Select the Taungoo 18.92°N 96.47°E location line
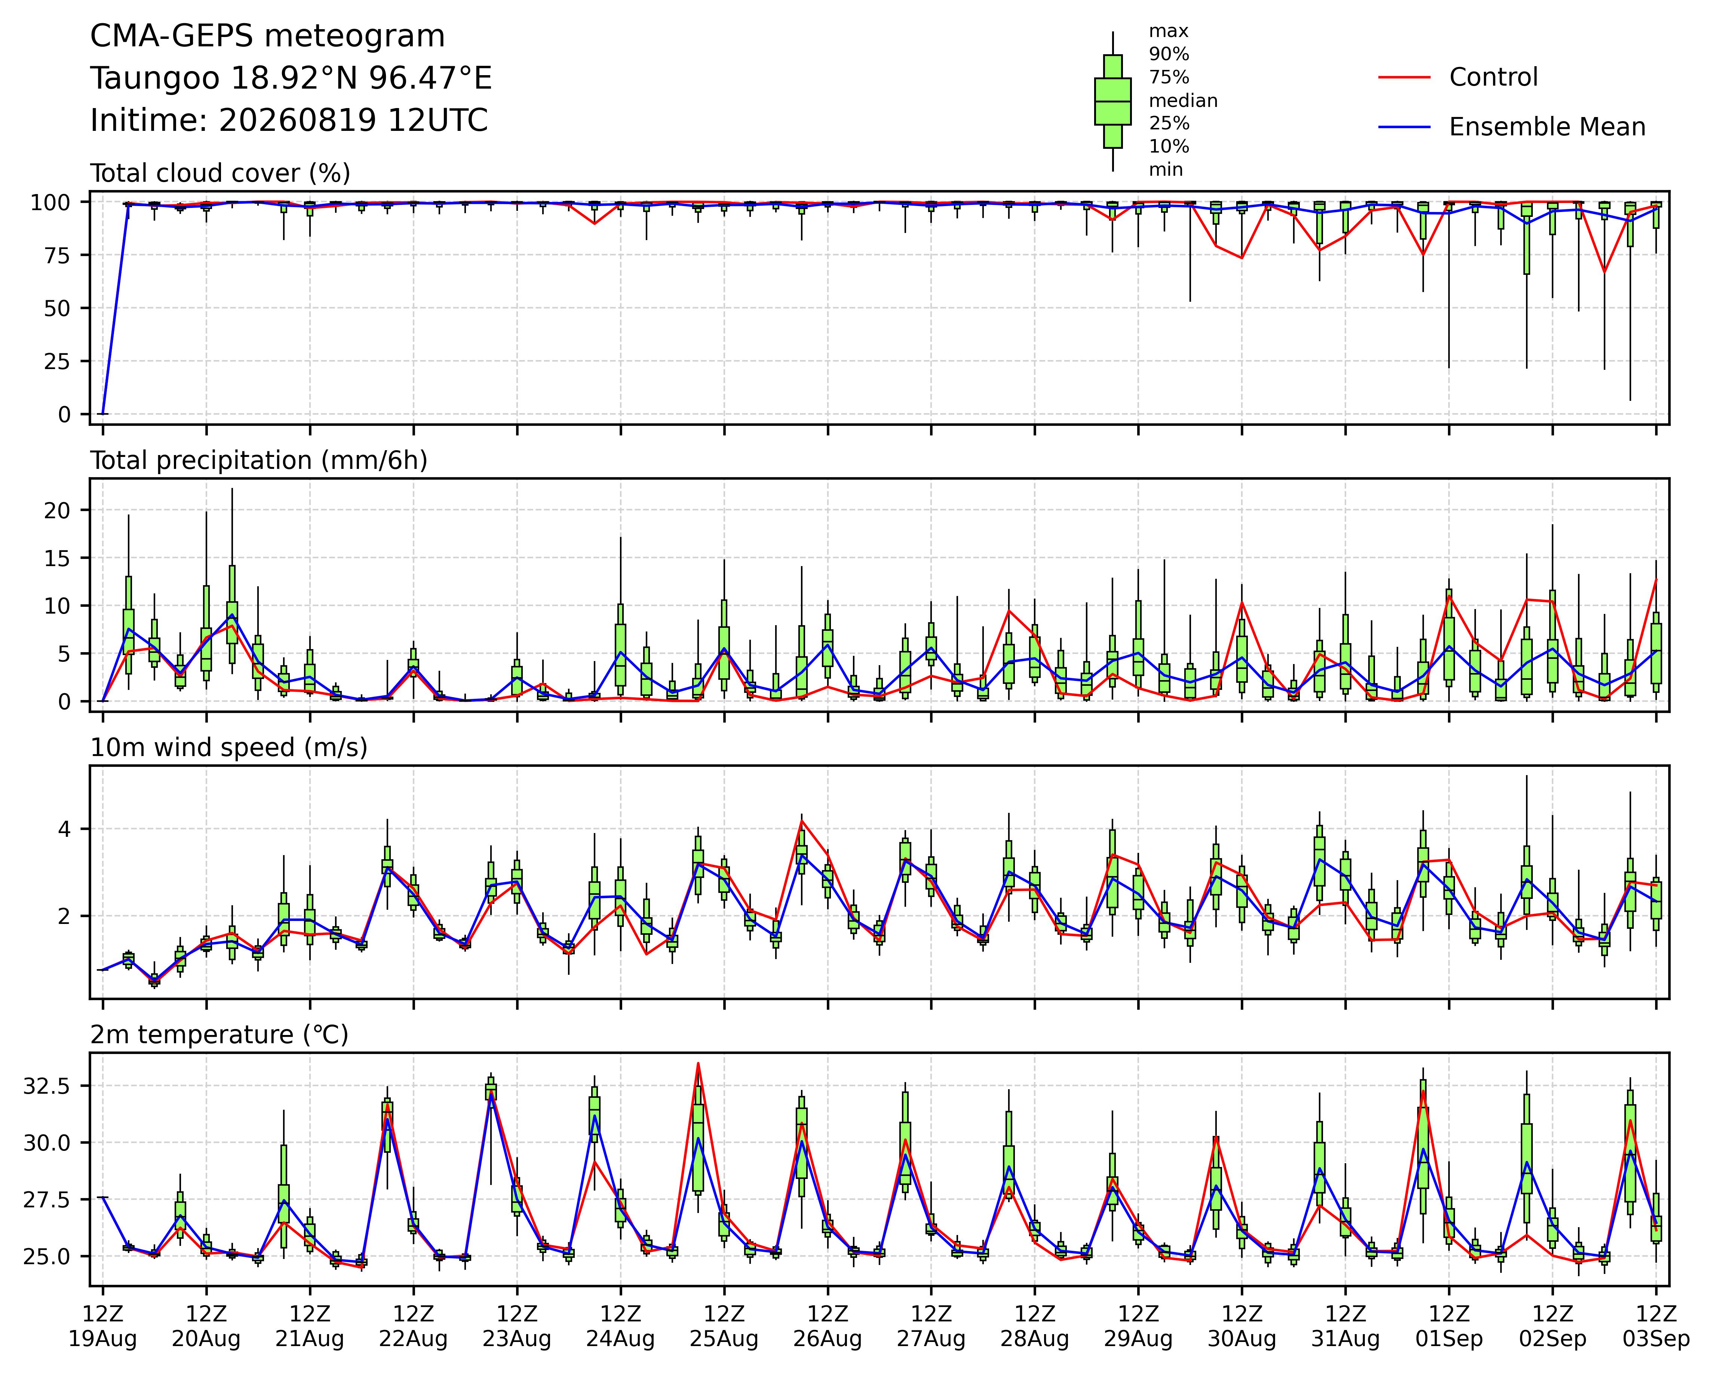coord(291,79)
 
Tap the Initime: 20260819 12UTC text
coord(289,121)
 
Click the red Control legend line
coord(1404,77)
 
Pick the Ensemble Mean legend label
coord(1547,127)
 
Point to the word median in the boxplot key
coord(1183,101)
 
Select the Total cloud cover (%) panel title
coord(220,173)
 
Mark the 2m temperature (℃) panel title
coord(219,1035)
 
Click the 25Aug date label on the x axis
coord(724,1339)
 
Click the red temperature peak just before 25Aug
coord(698,1063)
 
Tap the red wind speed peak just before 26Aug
coord(802,821)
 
